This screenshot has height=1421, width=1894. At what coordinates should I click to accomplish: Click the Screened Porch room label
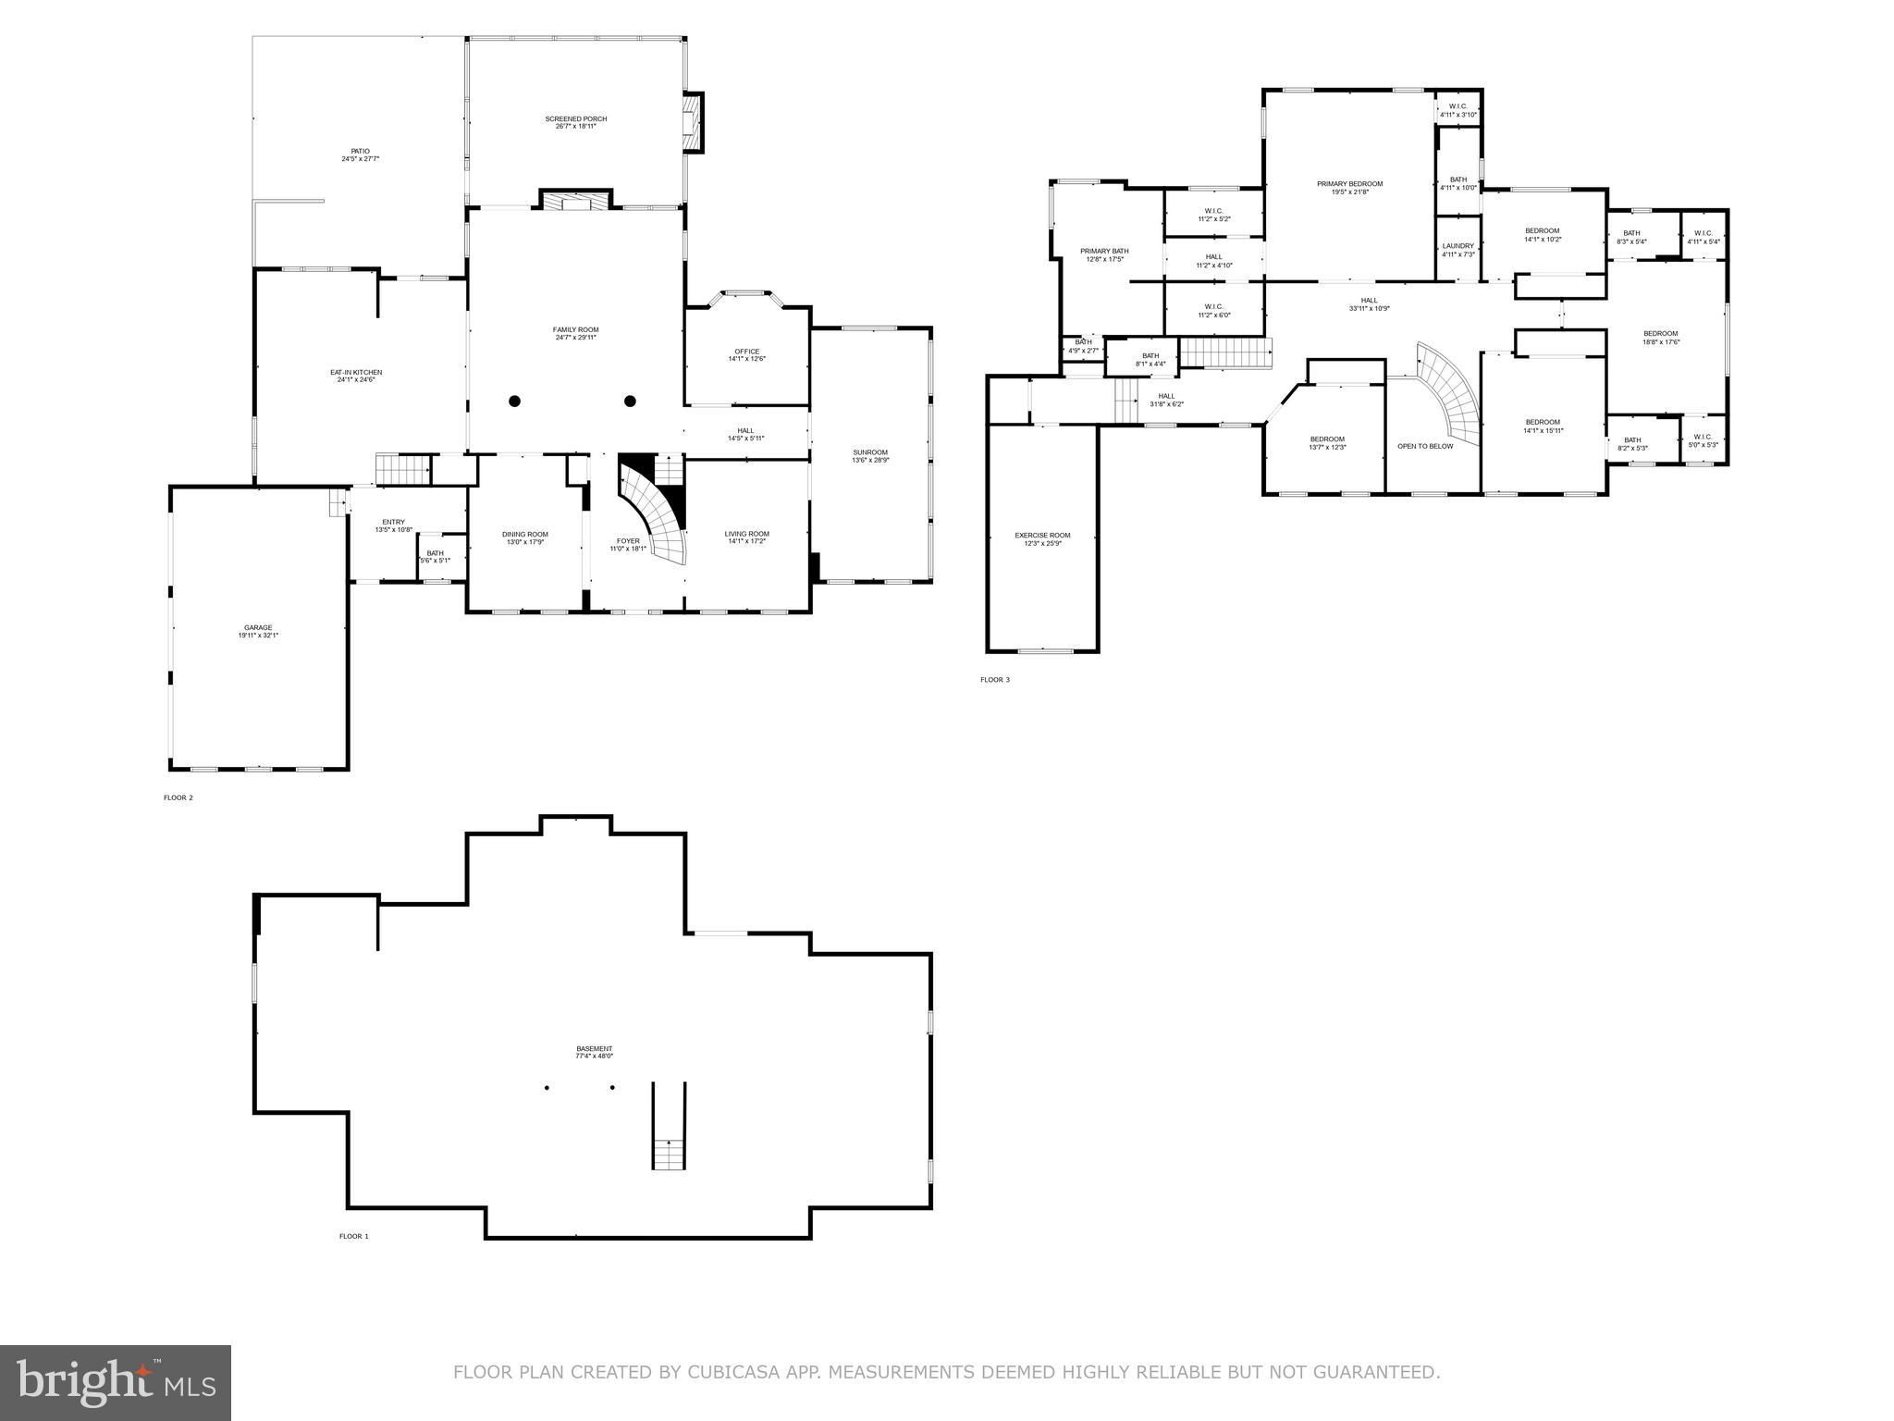575,119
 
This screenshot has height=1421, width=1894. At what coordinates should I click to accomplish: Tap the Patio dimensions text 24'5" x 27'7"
360,159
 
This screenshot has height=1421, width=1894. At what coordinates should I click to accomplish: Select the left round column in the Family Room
515,401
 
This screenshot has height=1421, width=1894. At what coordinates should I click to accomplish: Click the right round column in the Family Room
630,401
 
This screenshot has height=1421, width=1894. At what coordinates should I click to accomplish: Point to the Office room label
746,352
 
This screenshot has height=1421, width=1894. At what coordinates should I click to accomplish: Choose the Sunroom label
869,452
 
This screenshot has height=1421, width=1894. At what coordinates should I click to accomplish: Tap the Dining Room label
524,534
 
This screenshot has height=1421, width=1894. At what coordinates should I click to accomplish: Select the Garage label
258,627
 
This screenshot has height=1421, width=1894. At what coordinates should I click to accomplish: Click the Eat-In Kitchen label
356,373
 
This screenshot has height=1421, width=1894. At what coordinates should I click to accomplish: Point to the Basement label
594,1049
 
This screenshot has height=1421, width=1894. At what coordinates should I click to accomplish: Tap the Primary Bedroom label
1349,184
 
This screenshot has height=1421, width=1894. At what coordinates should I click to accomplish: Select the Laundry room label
1457,246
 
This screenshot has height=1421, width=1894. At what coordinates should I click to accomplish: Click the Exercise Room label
1042,536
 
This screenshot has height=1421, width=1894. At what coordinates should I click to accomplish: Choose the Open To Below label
1424,446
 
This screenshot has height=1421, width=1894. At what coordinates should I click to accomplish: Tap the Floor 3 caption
995,680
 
